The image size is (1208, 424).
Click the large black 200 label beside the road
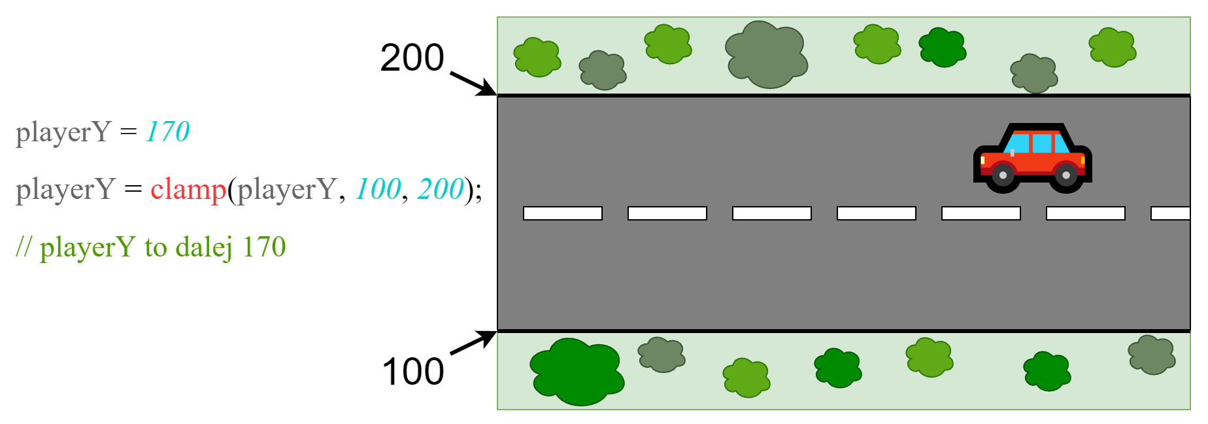click(412, 58)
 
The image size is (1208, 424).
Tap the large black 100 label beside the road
click(412, 372)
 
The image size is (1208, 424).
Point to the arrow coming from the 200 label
click(473, 83)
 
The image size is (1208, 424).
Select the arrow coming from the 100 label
click(473, 343)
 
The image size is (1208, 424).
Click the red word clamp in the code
click(188, 190)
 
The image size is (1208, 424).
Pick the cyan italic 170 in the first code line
click(167, 132)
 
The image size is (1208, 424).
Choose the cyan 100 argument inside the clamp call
click(378, 190)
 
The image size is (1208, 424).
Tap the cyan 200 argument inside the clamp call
click(440, 190)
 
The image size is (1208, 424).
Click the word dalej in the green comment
click(204, 247)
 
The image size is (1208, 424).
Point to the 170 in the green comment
click(264, 247)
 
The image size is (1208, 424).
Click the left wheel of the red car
click(1003, 175)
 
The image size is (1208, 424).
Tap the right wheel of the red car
click(1066, 175)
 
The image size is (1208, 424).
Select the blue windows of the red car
click(1036, 143)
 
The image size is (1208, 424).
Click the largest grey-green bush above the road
click(767, 55)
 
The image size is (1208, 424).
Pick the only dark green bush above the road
click(942, 47)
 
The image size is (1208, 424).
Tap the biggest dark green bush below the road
click(577, 372)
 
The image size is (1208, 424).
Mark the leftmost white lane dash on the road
click(563, 213)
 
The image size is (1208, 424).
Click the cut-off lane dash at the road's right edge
click(1170, 213)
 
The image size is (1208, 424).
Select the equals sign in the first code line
click(129, 132)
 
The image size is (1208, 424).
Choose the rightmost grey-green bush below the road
click(1151, 355)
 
